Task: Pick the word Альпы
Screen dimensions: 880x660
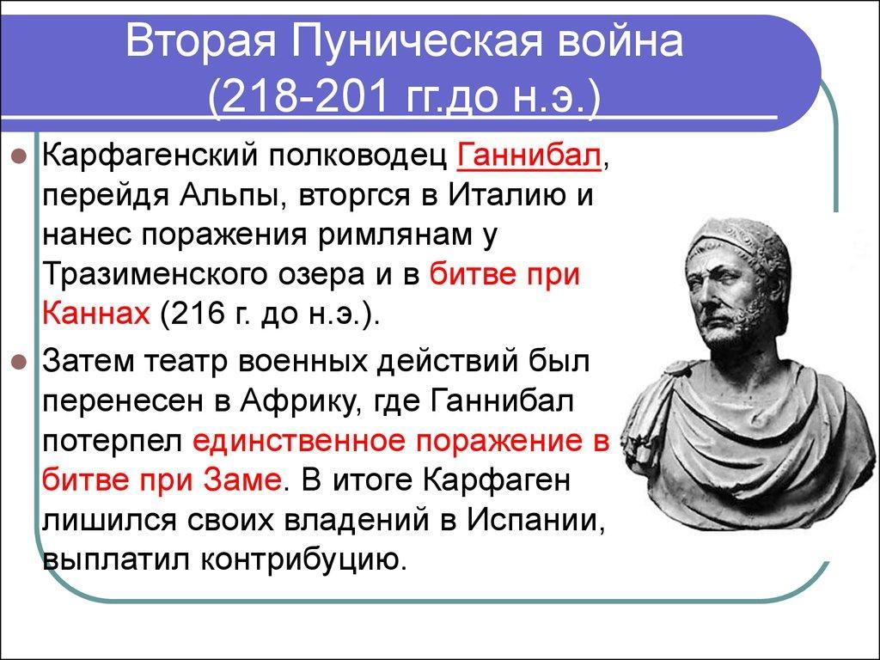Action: pos(230,197)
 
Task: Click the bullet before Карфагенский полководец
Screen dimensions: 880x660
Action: pos(20,156)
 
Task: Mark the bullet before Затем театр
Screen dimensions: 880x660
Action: pos(20,363)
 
